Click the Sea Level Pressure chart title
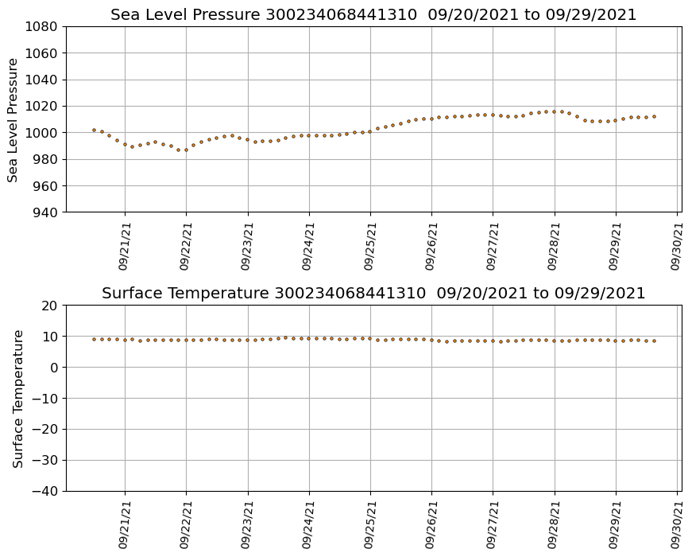point(373,15)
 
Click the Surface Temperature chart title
point(373,294)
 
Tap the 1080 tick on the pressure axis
point(41,27)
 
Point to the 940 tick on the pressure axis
point(44,212)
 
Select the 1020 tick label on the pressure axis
point(41,107)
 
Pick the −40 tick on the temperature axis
point(44,491)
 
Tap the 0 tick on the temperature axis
point(56,368)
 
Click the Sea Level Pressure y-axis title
point(14,119)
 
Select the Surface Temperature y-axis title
point(17,398)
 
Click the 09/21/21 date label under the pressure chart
point(125,246)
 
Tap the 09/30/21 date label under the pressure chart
point(677,246)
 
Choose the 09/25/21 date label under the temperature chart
point(370,524)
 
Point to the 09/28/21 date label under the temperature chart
point(555,524)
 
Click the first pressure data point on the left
point(94,130)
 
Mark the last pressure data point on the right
point(654,117)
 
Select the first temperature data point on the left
point(94,339)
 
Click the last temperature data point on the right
point(654,341)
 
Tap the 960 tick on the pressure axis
point(44,186)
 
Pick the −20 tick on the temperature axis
point(44,430)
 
